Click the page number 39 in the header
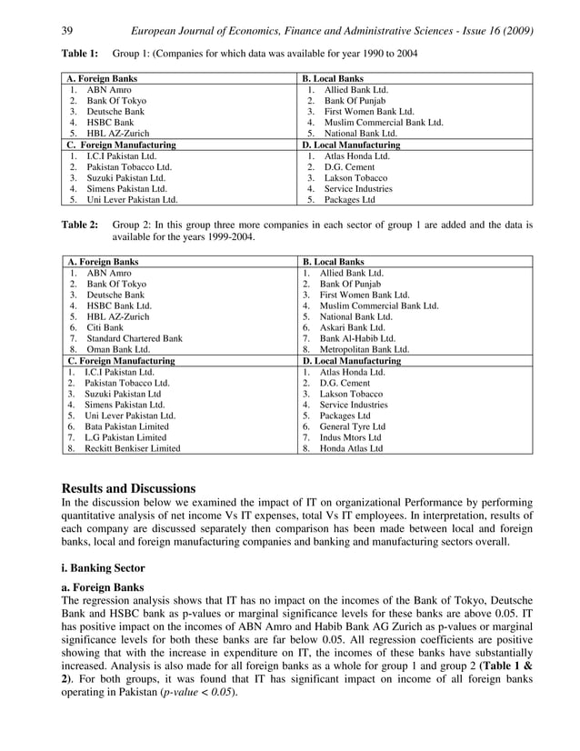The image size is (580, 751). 66,32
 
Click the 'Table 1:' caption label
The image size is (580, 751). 79,54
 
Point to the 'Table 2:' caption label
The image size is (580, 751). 79,224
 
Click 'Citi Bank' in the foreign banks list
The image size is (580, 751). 105,326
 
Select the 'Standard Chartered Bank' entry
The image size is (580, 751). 134,337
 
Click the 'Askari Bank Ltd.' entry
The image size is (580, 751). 352,326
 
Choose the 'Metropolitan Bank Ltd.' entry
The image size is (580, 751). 364,348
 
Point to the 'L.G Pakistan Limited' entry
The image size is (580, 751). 125,436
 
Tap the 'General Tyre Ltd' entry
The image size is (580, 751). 353,426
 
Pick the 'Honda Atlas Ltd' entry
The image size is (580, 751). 351,448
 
